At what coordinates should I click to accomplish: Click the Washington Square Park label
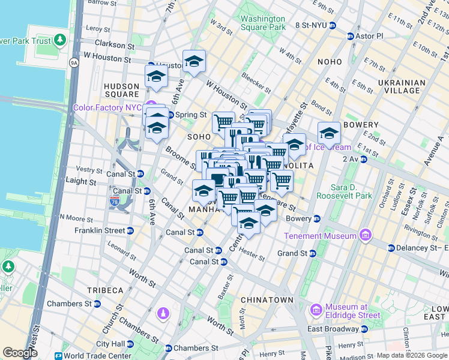pyautogui.click(x=262, y=23)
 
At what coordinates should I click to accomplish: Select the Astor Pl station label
pyautogui.click(x=369, y=36)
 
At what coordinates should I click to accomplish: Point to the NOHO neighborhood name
pyautogui.click(x=330, y=61)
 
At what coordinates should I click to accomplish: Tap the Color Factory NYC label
pyautogui.click(x=107, y=108)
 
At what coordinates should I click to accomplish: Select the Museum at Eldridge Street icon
pyautogui.click(x=316, y=310)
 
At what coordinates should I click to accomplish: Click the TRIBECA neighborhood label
pyautogui.click(x=104, y=290)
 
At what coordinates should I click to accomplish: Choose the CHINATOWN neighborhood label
pyautogui.click(x=267, y=299)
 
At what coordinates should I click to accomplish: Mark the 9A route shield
pyautogui.click(x=74, y=61)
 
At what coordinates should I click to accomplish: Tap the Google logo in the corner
pyautogui.click(x=20, y=353)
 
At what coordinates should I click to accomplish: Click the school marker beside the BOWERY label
pyautogui.click(x=329, y=133)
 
